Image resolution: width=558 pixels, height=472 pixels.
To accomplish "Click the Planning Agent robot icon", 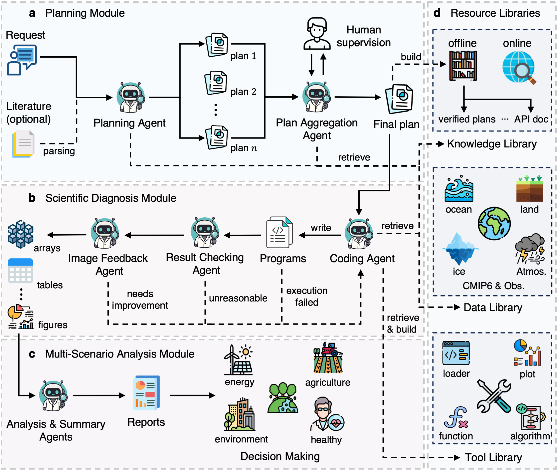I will pos(131,98).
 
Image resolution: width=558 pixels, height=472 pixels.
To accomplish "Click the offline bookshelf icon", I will pos(463,66).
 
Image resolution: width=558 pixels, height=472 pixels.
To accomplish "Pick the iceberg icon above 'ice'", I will pos(460,249).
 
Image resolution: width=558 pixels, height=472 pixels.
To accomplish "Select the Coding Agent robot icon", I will pos(359,234).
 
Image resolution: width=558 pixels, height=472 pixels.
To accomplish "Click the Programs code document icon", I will pos(279,232).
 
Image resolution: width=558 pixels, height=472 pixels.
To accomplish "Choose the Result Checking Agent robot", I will pos(205,233).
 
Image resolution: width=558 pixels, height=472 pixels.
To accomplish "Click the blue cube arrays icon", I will pos(20,234).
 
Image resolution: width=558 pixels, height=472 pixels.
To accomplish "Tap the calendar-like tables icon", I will pos(20,271).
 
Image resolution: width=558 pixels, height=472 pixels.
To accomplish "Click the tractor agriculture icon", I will pos(328,358).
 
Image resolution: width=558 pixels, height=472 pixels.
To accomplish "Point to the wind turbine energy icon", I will pos(239,360).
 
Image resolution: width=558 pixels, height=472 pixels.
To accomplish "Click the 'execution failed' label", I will pos(307,296).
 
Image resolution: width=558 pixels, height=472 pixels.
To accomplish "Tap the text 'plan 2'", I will pos(243,92).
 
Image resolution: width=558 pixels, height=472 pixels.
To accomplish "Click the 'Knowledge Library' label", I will pos(492,144).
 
